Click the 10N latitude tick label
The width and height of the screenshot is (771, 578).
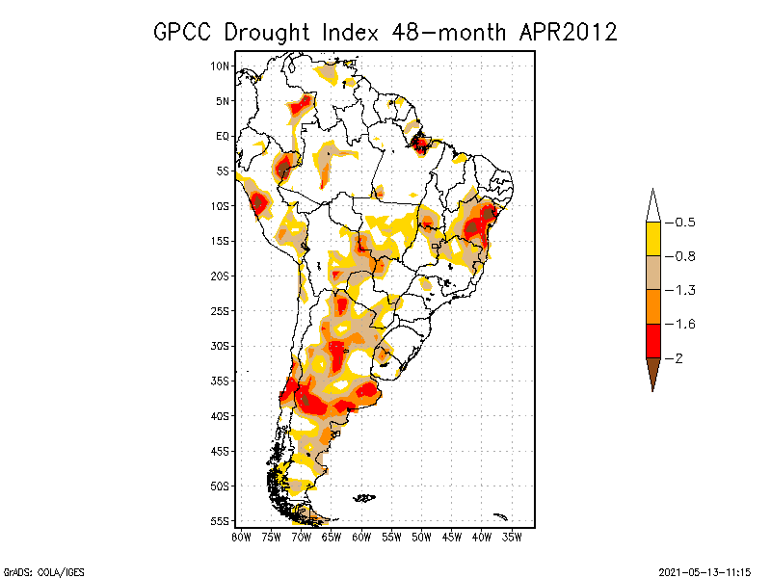(x=221, y=66)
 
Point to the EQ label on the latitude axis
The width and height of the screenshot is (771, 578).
(x=223, y=136)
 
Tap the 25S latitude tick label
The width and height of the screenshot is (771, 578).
(x=221, y=311)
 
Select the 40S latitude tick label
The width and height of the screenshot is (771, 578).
(x=221, y=416)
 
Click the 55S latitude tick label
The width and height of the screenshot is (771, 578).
(x=221, y=521)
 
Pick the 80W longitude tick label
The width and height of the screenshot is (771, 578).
(x=241, y=537)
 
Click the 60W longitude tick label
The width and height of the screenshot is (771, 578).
(x=361, y=537)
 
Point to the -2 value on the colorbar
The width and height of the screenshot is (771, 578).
(x=678, y=357)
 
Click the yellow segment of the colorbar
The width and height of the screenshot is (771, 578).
(x=652, y=239)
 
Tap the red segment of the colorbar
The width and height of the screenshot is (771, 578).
(x=652, y=340)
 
